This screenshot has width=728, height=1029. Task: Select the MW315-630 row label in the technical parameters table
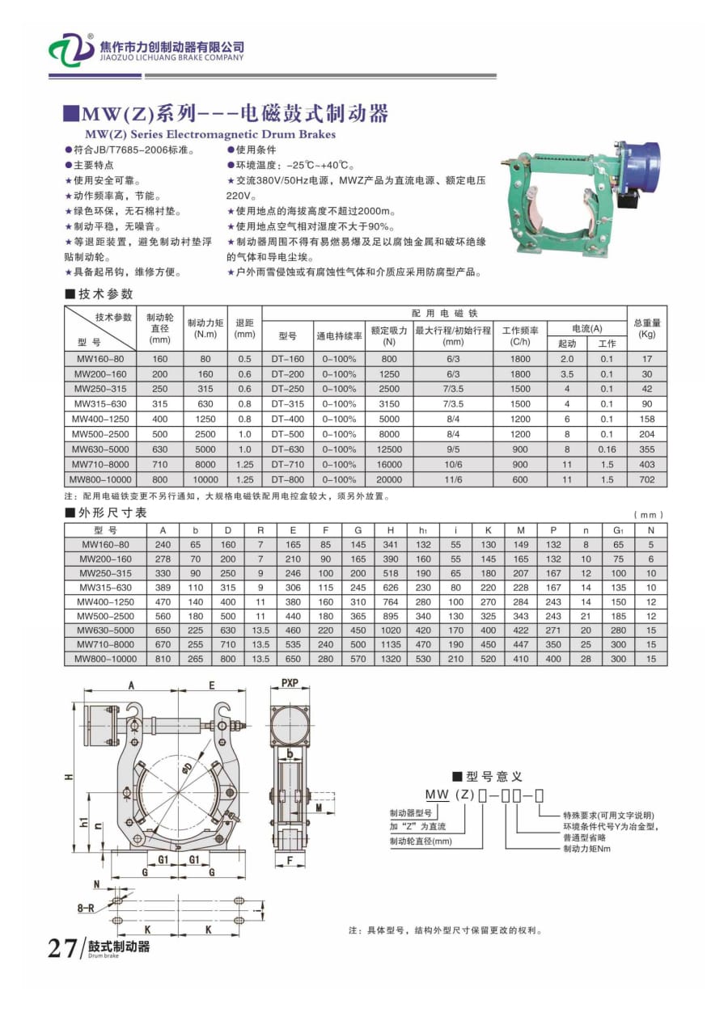[x=99, y=403]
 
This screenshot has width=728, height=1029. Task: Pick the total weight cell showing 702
[x=646, y=479]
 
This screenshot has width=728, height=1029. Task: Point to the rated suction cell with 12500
[x=389, y=449]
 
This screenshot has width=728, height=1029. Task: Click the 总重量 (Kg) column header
[x=646, y=327]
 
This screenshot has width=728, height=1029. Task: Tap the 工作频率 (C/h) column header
[x=520, y=335]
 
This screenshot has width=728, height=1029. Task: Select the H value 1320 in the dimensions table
[x=391, y=658]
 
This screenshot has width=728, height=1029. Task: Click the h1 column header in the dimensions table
[x=423, y=530]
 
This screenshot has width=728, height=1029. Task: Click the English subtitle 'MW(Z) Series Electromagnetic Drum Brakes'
[x=210, y=134]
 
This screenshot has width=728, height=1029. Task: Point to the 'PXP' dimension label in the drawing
[x=290, y=683]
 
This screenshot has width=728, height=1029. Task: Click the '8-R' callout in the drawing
[x=85, y=908]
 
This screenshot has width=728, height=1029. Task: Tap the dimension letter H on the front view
[x=70, y=777]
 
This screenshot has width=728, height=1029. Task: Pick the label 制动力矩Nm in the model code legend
[x=587, y=849]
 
